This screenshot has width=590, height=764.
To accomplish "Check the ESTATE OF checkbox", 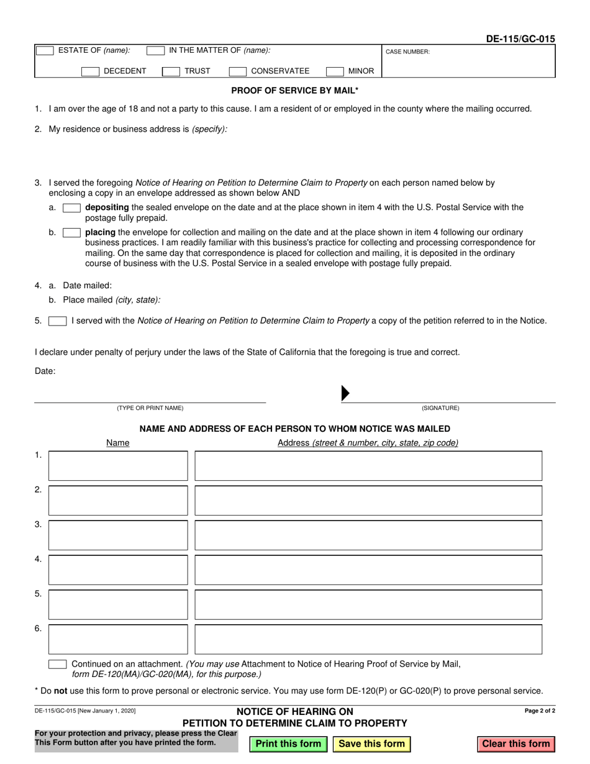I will pyautogui.click(x=45, y=51).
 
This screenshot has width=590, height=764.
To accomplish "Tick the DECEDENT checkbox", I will pyautogui.click(x=91, y=71).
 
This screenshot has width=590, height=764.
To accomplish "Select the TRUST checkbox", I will pyautogui.click(x=171, y=71).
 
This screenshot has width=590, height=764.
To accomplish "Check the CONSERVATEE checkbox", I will pyautogui.click(x=238, y=71).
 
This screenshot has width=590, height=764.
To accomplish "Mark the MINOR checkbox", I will pyautogui.click(x=335, y=71).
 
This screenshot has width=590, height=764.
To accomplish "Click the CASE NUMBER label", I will pyautogui.click(x=407, y=52).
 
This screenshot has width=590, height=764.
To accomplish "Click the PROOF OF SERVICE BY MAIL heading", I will pyautogui.click(x=294, y=91).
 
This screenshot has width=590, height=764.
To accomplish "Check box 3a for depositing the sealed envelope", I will pyautogui.click(x=71, y=207).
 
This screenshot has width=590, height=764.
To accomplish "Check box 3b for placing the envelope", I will pyautogui.click(x=71, y=232).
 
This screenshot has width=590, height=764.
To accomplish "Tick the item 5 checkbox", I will pyautogui.click(x=58, y=321).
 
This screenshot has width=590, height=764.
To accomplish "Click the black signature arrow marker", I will pyautogui.click(x=346, y=393).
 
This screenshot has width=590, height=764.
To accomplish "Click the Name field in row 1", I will pyautogui.click(x=118, y=466).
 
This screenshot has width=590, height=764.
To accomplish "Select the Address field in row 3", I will pyautogui.click(x=368, y=535).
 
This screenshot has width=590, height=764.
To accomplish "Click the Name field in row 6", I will pyautogui.click(x=118, y=639).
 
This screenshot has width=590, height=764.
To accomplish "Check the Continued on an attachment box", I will pyautogui.click(x=58, y=664).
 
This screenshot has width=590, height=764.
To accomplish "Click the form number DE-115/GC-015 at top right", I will pyautogui.click(x=520, y=39).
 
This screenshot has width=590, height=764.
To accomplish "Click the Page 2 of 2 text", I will pyautogui.click(x=540, y=711).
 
